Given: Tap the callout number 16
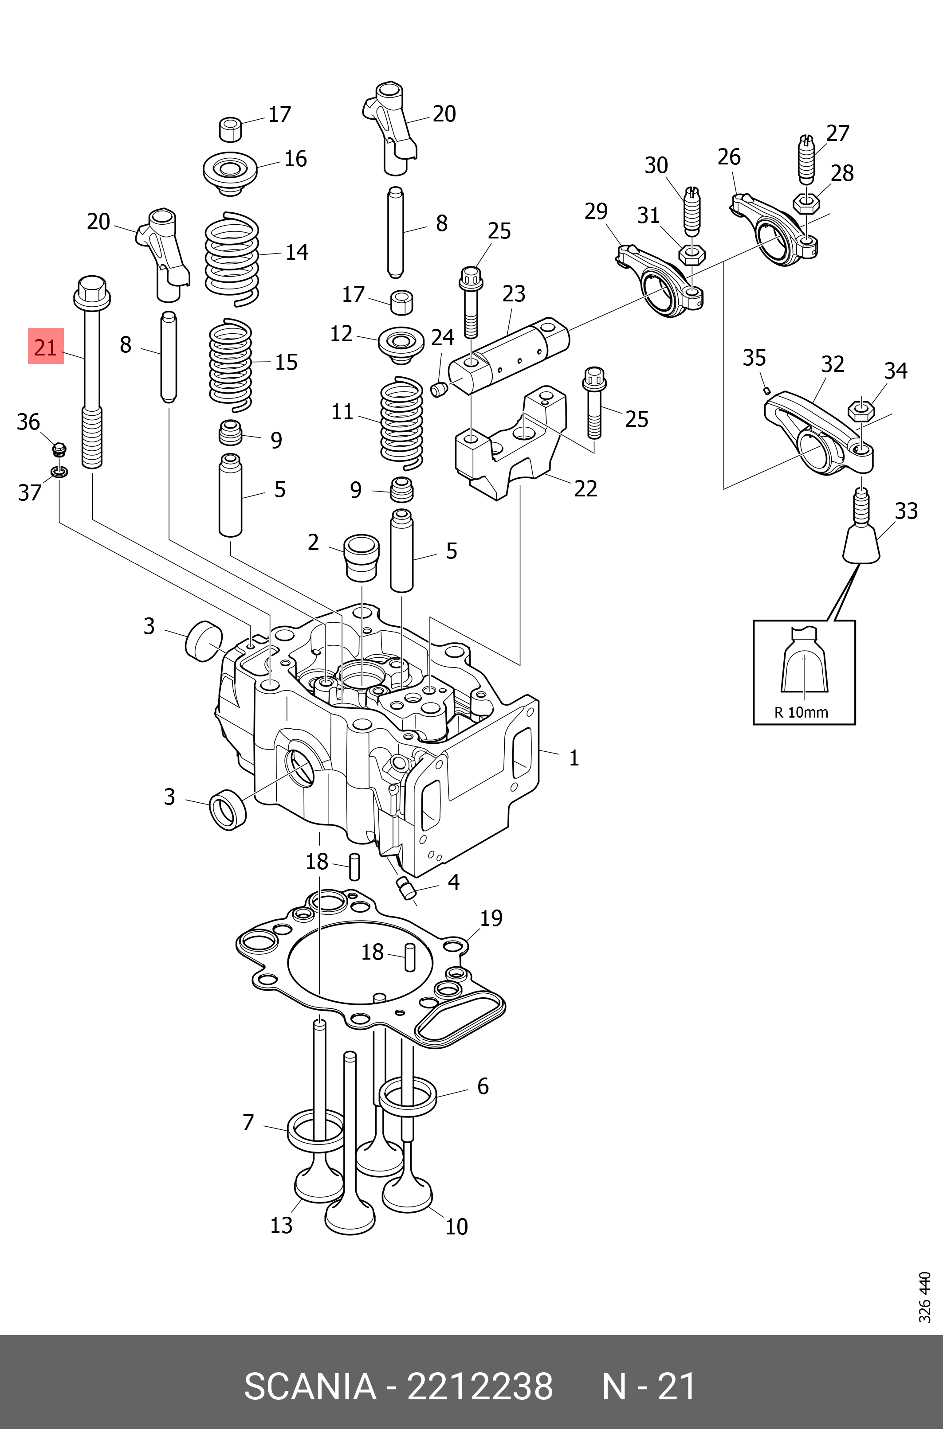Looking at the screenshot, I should (x=295, y=159).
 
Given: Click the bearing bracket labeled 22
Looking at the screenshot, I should (x=511, y=445).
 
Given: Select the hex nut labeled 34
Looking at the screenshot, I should (x=860, y=412).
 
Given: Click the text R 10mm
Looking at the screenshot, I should (x=801, y=713).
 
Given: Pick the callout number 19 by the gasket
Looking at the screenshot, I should (x=491, y=918).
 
